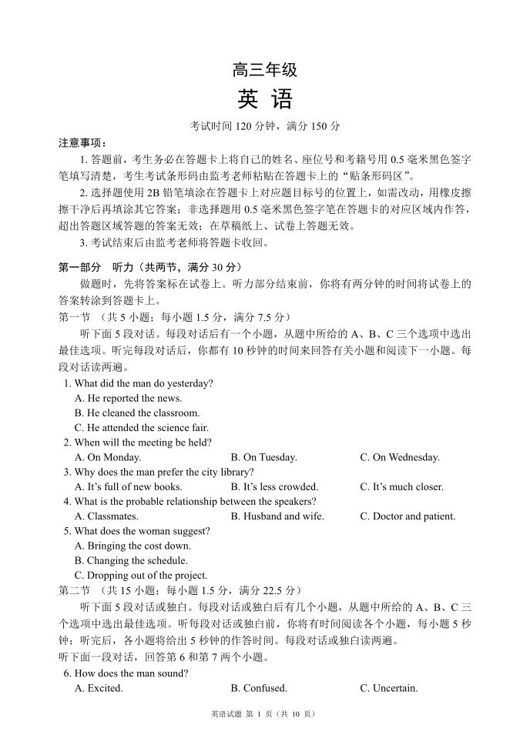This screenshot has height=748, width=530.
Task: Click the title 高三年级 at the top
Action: click(264, 71)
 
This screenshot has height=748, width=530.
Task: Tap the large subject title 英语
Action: click(264, 101)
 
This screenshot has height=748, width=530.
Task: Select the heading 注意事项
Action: click(83, 143)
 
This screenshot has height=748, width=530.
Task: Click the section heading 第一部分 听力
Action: click(147, 268)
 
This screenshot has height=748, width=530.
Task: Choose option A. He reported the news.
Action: click(128, 398)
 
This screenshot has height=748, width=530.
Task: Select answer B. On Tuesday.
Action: click(263, 457)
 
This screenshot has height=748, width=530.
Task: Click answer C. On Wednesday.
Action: click(399, 457)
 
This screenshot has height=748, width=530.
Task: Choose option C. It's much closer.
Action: click(401, 486)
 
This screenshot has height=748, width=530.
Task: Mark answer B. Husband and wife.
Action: click(277, 516)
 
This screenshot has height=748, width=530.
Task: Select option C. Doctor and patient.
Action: click(407, 516)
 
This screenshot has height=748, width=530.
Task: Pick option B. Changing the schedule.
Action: click(130, 561)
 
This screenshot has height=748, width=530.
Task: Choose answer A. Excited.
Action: click(99, 688)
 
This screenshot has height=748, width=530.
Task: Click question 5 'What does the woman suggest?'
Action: click(136, 531)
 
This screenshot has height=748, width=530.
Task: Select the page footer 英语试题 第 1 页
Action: click(263, 714)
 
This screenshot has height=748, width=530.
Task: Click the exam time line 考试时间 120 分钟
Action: click(264, 125)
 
